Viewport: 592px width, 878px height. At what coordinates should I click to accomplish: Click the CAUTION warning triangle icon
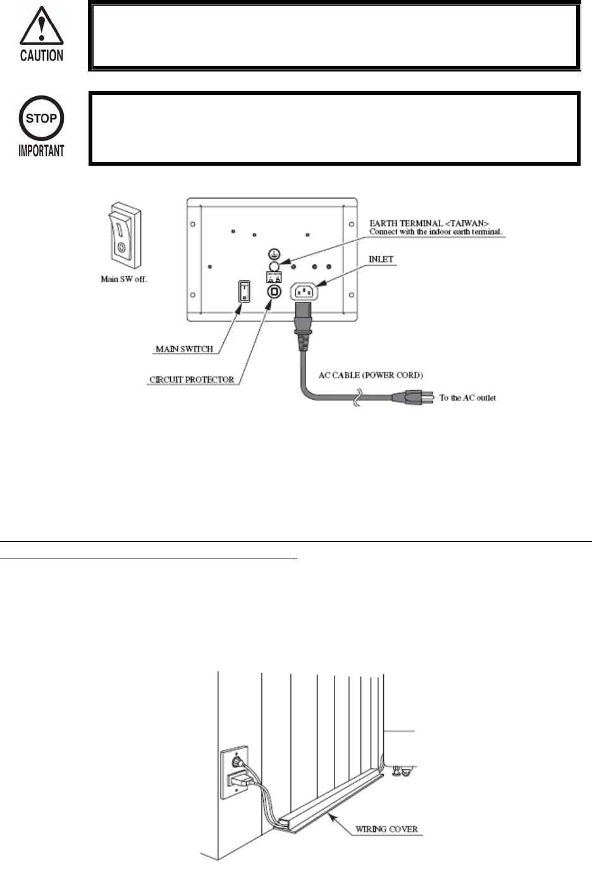click(41, 27)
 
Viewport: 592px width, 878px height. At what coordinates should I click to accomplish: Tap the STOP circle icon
click(41, 118)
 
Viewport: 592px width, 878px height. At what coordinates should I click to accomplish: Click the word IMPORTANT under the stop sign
click(41, 151)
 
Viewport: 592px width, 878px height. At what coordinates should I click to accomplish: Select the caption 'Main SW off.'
click(124, 279)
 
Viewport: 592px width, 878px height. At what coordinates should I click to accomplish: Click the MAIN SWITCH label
click(184, 349)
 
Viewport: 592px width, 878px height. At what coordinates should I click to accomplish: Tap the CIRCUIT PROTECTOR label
click(192, 380)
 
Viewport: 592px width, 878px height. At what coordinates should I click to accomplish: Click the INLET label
click(381, 259)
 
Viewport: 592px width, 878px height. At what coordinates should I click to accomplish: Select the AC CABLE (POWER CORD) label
click(371, 375)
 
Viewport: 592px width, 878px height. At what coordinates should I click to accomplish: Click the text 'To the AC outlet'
click(467, 398)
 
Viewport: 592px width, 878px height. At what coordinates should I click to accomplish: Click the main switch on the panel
click(244, 291)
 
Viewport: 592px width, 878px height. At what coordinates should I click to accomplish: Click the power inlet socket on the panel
click(304, 292)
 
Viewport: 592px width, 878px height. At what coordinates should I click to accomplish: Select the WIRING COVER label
click(386, 829)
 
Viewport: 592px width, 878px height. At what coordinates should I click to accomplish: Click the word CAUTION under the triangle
click(41, 56)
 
